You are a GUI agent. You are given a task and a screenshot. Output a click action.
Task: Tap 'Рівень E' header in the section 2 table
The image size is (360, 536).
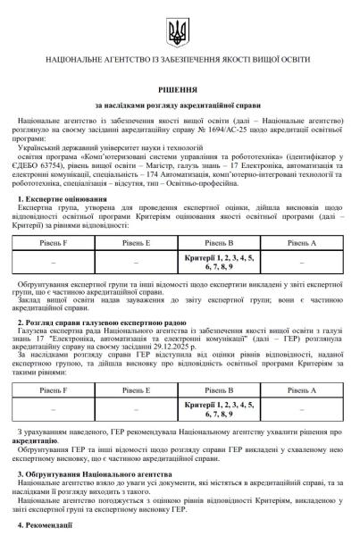pos(135,390)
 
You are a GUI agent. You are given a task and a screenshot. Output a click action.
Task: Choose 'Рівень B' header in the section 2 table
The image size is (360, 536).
pos(219,390)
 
